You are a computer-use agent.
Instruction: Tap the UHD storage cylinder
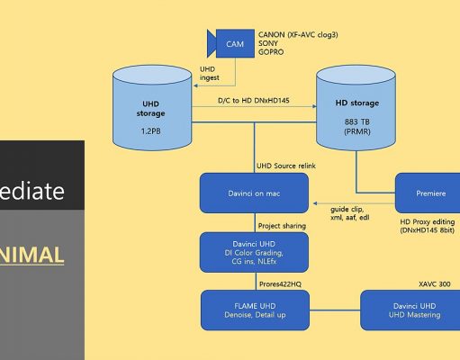152,108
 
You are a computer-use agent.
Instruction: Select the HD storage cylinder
356,108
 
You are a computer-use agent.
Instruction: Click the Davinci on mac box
254,193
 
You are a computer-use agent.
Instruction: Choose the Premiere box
428,193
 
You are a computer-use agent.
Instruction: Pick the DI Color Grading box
254,253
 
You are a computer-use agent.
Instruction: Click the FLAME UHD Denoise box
255,310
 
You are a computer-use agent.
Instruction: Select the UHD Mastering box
410,310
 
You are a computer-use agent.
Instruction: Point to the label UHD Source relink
286,166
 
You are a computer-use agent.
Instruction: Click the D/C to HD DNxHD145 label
254,100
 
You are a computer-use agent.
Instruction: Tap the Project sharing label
282,226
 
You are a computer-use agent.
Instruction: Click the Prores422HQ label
280,284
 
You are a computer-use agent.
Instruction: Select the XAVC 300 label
435,283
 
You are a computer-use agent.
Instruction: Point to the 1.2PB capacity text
151,131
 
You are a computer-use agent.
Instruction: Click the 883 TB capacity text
357,121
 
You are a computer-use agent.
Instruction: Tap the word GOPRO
271,52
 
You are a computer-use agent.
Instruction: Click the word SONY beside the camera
268,43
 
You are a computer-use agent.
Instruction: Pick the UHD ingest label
210,74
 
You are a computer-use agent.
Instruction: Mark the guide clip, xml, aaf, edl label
350,213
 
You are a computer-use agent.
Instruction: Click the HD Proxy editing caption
428,226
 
